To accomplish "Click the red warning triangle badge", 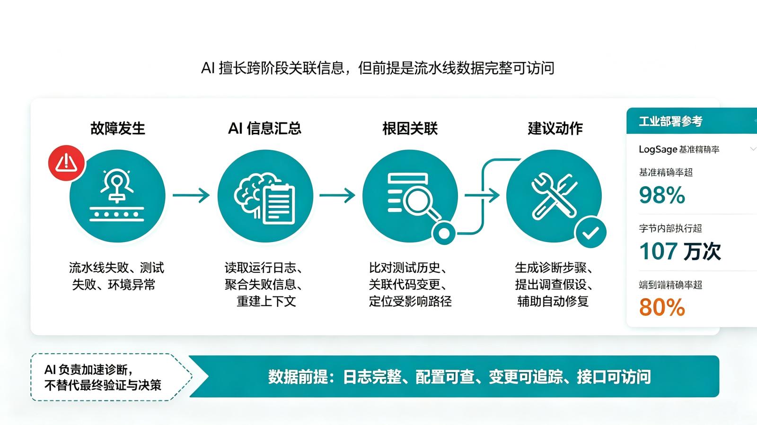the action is coord(66,163).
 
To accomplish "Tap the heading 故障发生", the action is coord(118,129).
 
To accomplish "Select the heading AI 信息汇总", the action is coord(264,129).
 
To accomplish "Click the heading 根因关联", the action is coord(410,129).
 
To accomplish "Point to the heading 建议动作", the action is coord(555,129).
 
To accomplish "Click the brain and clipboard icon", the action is coord(264,199).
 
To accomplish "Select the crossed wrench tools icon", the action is coord(554,196).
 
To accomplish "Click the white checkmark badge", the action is coord(591,232).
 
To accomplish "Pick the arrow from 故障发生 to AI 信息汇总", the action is coord(191,195).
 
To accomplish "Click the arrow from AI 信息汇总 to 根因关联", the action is coord(337,195).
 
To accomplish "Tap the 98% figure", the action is coord(662,195).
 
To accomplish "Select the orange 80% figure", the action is coord(662,307).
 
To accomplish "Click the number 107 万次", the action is coord(680,251).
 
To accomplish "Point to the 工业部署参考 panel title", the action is coord(670,121).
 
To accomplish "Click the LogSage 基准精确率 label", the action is coord(679,149).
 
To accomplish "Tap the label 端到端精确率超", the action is coord(670,285).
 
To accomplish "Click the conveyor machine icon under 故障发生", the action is coord(117,195).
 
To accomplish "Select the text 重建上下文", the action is coord(266,301).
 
